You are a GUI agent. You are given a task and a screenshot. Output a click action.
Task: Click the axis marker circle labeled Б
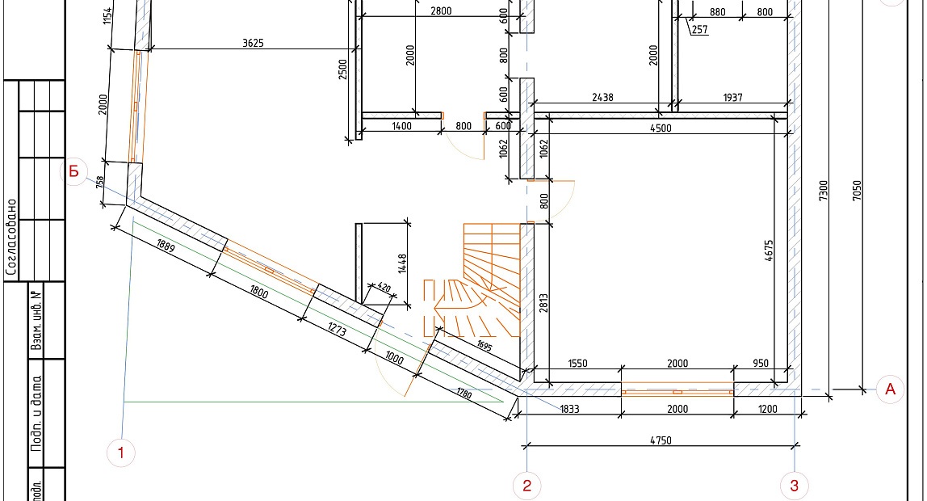coord(74,171)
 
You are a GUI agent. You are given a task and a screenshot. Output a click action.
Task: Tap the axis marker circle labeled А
coord(890,389)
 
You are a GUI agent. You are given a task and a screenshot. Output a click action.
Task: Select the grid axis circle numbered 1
coord(121,453)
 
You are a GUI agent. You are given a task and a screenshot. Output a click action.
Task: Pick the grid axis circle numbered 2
coord(526,486)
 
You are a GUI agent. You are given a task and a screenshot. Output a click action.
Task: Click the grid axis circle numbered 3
coord(794,486)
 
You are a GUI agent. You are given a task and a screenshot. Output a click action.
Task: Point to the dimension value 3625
coord(253,43)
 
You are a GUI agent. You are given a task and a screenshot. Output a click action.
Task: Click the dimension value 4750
coord(661,440)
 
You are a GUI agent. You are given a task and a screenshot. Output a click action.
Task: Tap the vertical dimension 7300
coord(824,191)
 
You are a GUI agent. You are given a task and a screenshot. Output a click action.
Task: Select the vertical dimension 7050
coord(858,191)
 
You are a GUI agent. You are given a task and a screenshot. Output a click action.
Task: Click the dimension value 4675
coord(769,250)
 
